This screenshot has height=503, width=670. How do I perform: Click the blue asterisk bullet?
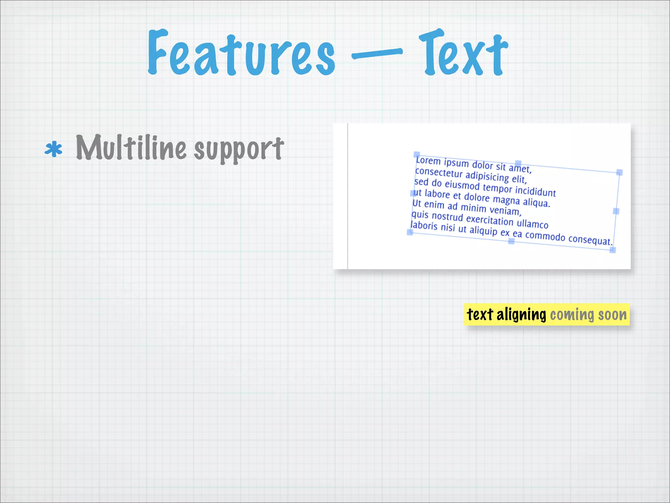pyautogui.click(x=53, y=150)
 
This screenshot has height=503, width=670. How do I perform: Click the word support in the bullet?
pyautogui.click(x=239, y=149)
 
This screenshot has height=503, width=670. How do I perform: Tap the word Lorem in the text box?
pyautogui.click(x=428, y=161)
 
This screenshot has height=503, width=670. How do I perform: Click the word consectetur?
pyautogui.click(x=438, y=173)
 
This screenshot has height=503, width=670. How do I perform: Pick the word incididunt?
pyautogui.click(x=535, y=191)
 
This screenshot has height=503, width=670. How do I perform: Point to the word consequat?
pyautogui.click(x=590, y=239)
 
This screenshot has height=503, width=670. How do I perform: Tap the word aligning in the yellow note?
pyautogui.click(x=521, y=315)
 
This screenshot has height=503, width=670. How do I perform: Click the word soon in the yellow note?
pyautogui.click(x=612, y=315)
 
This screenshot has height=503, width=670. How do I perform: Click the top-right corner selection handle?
pyautogui.click(x=619, y=172)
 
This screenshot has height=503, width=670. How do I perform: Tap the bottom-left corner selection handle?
pyautogui.click(x=410, y=232)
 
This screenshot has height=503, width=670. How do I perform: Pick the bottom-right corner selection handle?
pyautogui.click(x=613, y=250)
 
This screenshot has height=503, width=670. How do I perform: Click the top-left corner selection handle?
pyautogui.click(x=416, y=154)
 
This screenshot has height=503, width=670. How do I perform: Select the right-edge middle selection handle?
pyautogui.click(x=616, y=211)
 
